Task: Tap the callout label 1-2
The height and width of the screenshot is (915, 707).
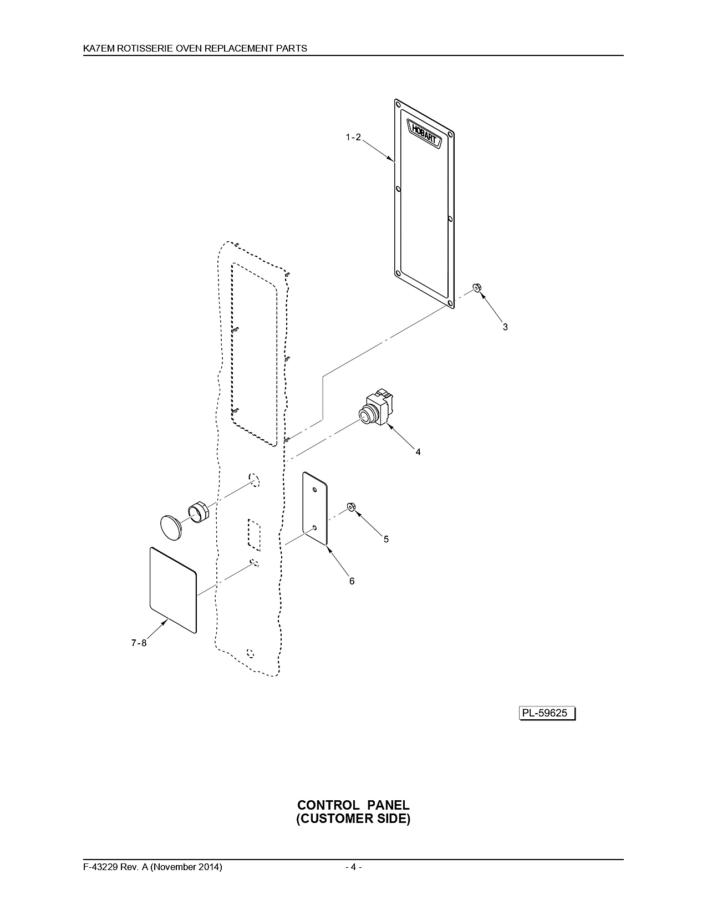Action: coord(353,137)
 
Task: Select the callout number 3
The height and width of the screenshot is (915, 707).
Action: coord(505,327)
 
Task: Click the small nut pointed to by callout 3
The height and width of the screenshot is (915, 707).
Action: coord(477,288)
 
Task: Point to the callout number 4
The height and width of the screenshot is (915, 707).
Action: coord(418,452)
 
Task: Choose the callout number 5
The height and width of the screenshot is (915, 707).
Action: coord(386,539)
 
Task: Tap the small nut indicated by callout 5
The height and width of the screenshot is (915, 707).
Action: coord(351,506)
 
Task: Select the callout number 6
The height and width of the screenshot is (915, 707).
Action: coord(352,581)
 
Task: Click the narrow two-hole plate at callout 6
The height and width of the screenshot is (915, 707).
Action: coord(315,508)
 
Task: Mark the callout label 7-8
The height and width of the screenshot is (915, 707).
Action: coord(139,643)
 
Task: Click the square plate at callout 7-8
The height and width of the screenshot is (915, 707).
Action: coord(173,590)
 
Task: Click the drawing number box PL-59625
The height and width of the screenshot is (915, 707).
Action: coord(547,713)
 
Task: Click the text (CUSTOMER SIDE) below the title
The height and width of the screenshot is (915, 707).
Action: coord(353,819)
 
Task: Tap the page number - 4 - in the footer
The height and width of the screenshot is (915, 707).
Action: coord(354,867)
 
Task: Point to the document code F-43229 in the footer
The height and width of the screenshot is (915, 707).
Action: coord(101,867)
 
